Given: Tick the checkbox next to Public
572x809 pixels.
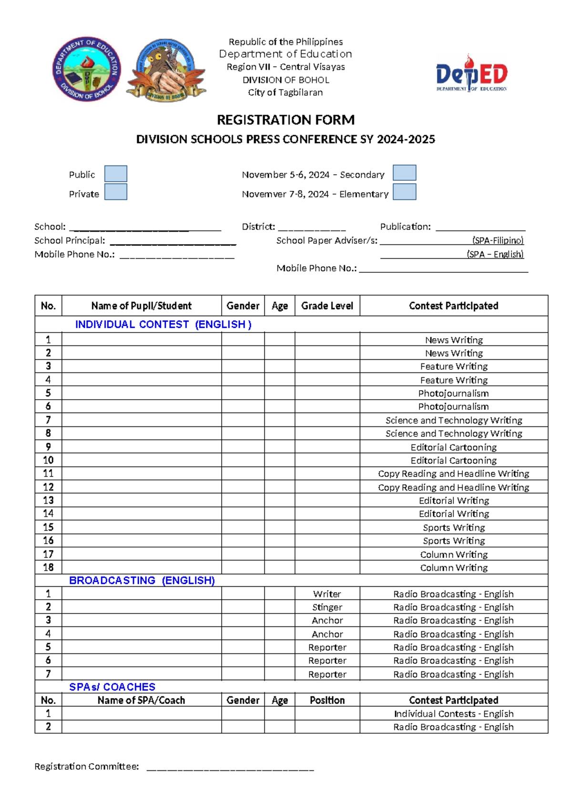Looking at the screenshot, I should [x=115, y=174].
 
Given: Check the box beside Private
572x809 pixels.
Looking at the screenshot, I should [x=115, y=192].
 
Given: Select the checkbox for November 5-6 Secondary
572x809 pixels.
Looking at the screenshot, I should [x=404, y=173].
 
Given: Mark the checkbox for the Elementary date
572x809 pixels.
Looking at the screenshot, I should [x=404, y=192].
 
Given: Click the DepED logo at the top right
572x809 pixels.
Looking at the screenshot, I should [x=471, y=73].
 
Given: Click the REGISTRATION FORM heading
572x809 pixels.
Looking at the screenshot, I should [x=286, y=120].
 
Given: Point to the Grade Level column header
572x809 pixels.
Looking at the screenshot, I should [x=327, y=306].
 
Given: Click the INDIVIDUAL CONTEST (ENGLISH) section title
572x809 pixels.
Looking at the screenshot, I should [x=163, y=324].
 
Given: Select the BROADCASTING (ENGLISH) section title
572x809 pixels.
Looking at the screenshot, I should [x=142, y=581].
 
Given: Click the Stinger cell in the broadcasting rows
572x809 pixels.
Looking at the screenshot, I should [x=327, y=607].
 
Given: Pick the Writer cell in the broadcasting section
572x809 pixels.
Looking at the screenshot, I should [x=327, y=594].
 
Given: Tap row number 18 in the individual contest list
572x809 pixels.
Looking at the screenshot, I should [x=48, y=567].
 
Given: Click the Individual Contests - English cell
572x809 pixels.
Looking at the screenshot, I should [x=453, y=714].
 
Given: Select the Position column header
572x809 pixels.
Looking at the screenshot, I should [x=327, y=700].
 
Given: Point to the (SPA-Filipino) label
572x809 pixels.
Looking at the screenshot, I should [x=498, y=240].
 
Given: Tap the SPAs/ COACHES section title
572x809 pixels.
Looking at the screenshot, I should [x=112, y=687].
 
